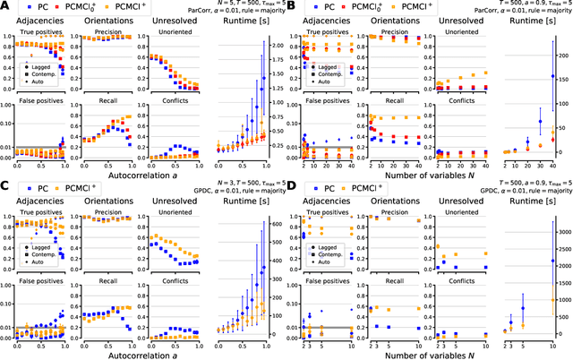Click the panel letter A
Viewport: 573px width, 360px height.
[5, 6]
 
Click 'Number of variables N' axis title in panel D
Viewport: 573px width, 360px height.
[363, 353]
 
